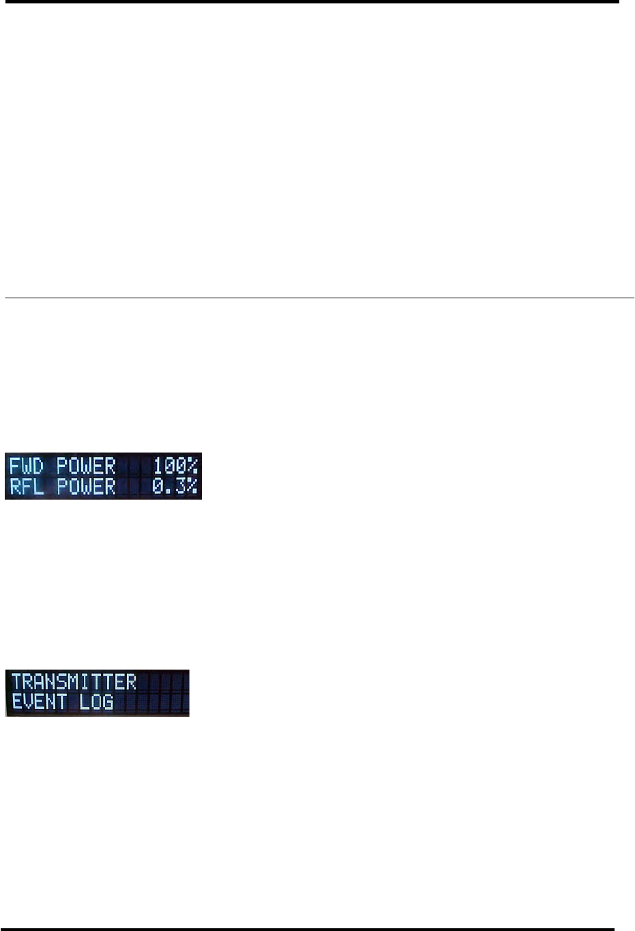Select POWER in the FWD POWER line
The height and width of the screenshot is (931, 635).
pyautogui.click(x=85, y=466)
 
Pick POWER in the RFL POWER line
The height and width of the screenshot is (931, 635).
pyautogui.click(x=85, y=486)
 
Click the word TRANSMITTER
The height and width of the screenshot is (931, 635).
pyautogui.click(x=74, y=681)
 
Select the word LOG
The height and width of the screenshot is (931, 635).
pyautogui.click(x=96, y=702)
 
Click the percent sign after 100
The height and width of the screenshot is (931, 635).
pyautogui.click(x=193, y=466)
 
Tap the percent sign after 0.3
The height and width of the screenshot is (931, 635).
pyautogui.click(x=193, y=486)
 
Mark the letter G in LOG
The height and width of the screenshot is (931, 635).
pyautogui.click(x=107, y=702)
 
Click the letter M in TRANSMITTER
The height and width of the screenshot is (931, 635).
pyautogui.click(x=74, y=681)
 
